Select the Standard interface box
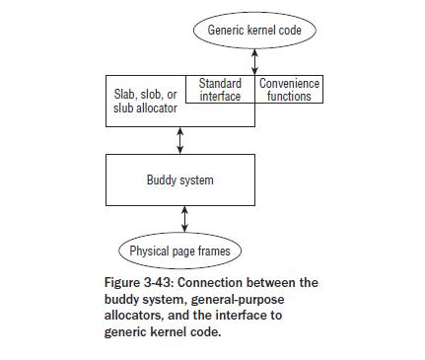[x=220, y=90]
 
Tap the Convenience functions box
[x=289, y=90]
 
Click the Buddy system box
[x=179, y=180]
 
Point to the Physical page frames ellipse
[x=179, y=251]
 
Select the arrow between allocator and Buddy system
[x=179, y=140]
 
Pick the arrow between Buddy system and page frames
[x=184, y=219]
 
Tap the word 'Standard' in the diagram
[x=220, y=84]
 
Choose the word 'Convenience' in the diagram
[x=289, y=84]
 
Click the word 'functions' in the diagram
[x=289, y=97]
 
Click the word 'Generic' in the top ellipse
[x=226, y=31]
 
